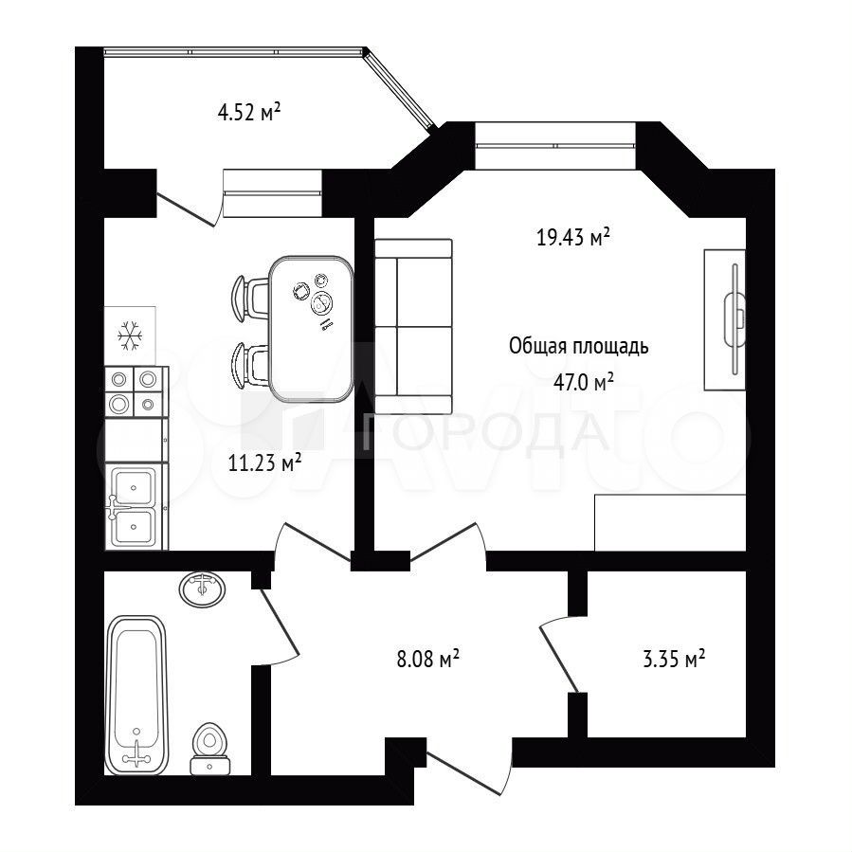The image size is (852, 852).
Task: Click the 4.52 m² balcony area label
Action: [x=249, y=113]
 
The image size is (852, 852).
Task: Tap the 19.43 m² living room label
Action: [x=573, y=237]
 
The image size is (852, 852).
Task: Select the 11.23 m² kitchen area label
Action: [x=264, y=463]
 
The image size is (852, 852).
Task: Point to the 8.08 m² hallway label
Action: [x=428, y=659]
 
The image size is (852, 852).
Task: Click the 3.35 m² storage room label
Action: [x=674, y=659]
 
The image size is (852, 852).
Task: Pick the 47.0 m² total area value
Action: [x=584, y=382]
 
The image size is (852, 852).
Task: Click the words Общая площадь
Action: [x=579, y=346]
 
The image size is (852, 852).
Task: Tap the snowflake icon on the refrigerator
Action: [x=130, y=335]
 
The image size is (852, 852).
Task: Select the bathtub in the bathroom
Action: [x=136, y=695]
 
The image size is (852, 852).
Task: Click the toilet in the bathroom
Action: [x=209, y=748]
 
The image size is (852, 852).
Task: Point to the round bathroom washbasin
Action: [x=202, y=589]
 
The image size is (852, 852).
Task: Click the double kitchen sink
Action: [x=134, y=505]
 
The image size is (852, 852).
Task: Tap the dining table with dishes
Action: [x=311, y=329]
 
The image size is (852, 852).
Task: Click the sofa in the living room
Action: [x=413, y=326]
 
